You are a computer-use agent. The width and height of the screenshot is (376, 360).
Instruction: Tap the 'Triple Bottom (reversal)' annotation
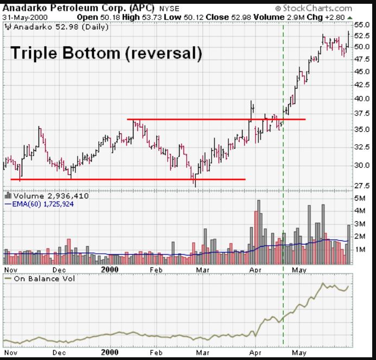pos(106,54)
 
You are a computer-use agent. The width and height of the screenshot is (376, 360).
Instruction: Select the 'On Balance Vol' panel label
pos(40,278)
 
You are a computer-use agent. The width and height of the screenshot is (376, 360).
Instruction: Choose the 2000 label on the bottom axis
pos(110,269)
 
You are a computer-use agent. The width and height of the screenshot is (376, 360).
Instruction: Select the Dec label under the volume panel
pos(59,269)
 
